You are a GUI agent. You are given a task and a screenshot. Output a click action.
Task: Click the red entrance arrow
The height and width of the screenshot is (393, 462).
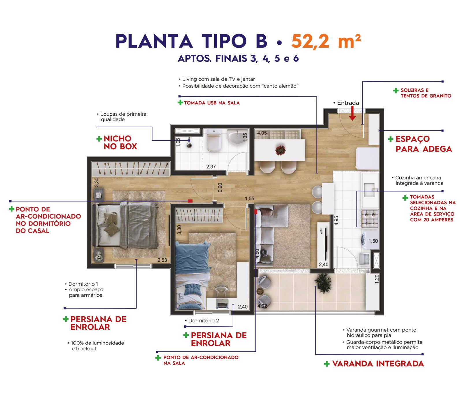point(352,113)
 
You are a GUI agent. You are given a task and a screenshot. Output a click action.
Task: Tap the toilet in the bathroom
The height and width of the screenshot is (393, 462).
point(214,141)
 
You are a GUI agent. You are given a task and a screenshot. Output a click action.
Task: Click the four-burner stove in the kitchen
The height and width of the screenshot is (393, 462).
point(370,219)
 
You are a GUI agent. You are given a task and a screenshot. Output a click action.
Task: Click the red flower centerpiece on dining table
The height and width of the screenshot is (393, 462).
point(280,150)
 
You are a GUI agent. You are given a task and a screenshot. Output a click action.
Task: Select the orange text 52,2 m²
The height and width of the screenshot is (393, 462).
point(326,41)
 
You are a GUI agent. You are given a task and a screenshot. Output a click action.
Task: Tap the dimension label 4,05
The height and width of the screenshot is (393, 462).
point(262,133)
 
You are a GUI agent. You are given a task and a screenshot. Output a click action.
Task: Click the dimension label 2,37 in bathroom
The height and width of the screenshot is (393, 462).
point(211,167)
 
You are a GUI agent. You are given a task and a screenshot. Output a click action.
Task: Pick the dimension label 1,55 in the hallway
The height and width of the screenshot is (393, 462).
point(249,198)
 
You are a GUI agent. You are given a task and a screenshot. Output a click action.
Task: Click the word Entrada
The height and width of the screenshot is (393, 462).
point(348,103)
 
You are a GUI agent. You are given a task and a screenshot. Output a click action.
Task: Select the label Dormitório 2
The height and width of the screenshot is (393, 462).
point(204,320)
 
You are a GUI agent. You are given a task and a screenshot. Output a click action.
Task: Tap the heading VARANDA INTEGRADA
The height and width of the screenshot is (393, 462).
point(378,364)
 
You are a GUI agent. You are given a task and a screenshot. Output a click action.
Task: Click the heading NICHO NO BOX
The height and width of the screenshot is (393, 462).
point(120,142)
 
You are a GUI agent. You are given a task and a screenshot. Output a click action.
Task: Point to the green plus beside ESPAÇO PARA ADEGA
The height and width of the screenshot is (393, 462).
point(390,139)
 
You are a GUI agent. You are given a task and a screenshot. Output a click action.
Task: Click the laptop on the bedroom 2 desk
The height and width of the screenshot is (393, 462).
point(222,304)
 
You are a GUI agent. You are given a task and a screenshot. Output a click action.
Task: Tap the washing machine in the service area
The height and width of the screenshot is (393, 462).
point(369,239)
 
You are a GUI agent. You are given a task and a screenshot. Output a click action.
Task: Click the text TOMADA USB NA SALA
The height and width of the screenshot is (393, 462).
point(212,103)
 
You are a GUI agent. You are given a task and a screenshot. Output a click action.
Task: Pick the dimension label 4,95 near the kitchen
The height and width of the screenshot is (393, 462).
point(336,221)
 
